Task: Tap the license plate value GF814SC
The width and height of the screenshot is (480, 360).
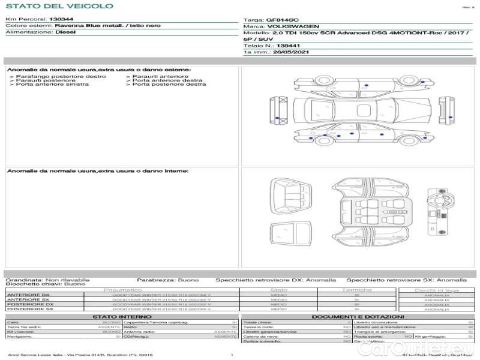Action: [x=282, y=20]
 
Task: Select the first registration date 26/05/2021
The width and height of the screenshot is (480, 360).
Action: [x=279, y=52]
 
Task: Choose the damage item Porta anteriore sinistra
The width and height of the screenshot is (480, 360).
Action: [x=52, y=85]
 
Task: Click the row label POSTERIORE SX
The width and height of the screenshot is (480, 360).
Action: [x=29, y=310]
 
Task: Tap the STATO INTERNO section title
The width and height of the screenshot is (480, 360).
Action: [x=118, y=316]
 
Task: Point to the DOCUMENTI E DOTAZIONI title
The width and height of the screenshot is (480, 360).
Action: [x=358, y=316]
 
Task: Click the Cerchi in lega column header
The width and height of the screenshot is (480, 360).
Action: [x=436, y=290]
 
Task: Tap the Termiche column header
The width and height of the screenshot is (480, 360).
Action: [x=356, y=290]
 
